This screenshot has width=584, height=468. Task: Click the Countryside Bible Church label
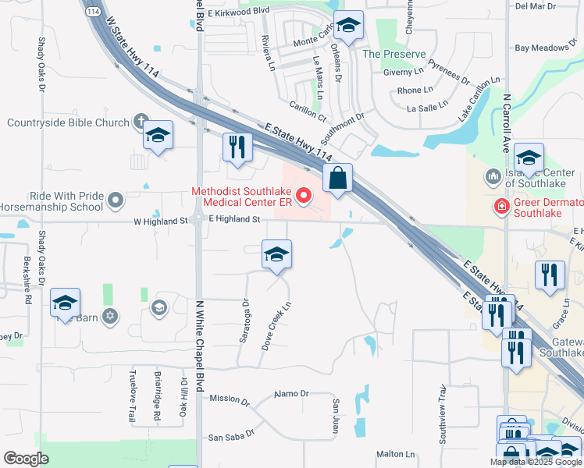click(68, 122)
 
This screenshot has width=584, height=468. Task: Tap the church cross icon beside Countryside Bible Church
click(141, 121)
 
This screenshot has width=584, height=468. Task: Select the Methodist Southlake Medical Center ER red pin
click(304, 194)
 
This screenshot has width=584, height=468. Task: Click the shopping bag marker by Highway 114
click(337, 178)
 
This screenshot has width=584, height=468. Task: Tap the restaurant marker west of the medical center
click(236, 147)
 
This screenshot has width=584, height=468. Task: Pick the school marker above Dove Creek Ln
click(276, 254)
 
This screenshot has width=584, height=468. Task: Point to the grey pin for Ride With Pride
click(116, 201)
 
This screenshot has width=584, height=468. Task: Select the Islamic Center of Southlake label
click(543, 178)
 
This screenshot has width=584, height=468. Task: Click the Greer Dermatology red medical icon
click(500, 206)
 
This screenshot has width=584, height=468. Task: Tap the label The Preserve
click(393, 54)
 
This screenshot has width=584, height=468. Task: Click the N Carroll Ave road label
click(506, 124)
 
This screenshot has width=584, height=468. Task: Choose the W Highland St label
click(161, 221)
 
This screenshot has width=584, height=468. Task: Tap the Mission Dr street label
click(229, 400)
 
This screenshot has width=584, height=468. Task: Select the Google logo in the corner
click(27, 459)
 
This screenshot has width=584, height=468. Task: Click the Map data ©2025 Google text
click(535, 462)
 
